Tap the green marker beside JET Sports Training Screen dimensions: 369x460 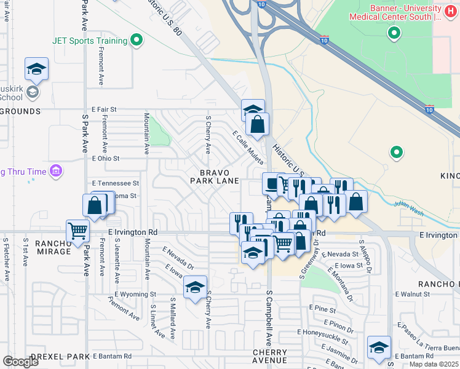coord(137,41)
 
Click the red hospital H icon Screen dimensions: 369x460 coord(451,10)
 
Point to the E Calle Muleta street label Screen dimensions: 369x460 coord(248,148)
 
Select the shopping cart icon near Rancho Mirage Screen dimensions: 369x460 coord(78,231)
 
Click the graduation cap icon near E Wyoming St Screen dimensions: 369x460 coord(195,287)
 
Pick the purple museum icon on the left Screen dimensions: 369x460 coord(56,170)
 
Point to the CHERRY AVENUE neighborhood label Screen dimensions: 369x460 coord(269,355)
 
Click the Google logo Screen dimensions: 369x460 coord(20,362)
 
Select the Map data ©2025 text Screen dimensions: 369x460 coord(434,364)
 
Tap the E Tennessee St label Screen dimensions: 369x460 coord(116,183)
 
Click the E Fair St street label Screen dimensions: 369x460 coord(104,109)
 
